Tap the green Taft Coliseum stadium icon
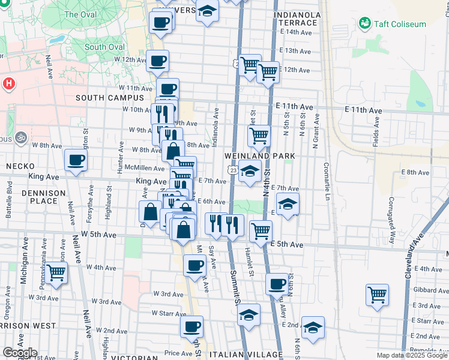[364, 23]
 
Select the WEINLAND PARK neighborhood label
[260, 155]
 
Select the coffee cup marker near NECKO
[76, 160]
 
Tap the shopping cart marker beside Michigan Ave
[56, 273]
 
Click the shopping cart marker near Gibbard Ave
[377, 295]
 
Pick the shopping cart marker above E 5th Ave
[261, 230]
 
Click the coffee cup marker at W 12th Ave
[158, 61]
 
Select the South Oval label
[100, 47]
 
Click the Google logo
[20, 353]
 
